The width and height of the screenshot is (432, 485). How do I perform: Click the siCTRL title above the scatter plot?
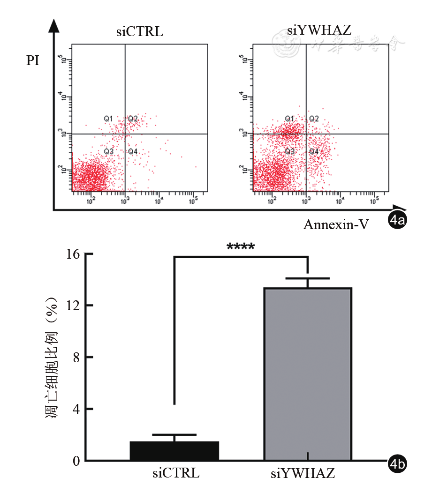point(140,33)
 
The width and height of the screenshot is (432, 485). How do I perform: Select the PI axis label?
point(33,61)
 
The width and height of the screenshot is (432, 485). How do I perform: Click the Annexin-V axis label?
point(335,224)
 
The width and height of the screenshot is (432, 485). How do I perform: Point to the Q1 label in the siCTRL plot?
point(108,119)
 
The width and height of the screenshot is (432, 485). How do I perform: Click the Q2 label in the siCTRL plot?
point(133,119)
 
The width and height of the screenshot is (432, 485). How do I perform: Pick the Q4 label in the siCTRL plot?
point(133,151)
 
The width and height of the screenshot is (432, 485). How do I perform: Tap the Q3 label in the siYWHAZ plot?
point(290,151)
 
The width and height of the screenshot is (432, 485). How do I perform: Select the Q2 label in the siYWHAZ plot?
point(314,119)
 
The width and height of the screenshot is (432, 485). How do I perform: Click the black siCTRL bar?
point(174,451)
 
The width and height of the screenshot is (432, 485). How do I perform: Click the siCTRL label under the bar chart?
point(176,473)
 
